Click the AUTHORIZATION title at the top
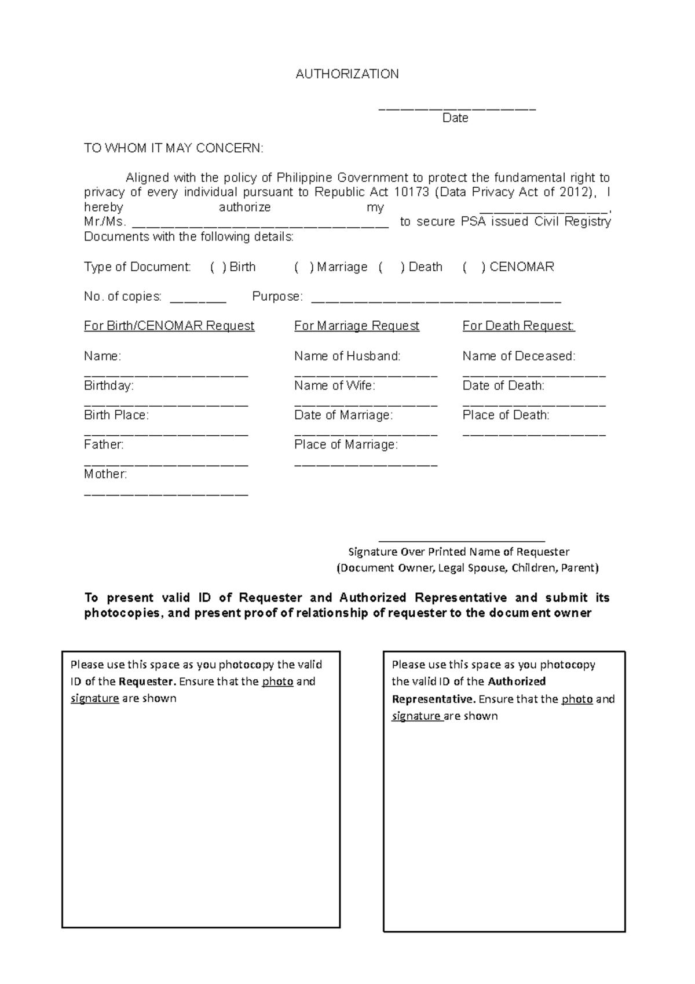pos(347,74)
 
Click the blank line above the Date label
pos(457,108)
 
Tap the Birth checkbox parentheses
pos(218,267)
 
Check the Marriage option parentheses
pos(303,267)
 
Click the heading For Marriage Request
pos(356,326)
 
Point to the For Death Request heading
pos(518,326)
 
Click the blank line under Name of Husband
pos(365,375)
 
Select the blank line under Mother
pos(166,494)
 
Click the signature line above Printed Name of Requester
pos(461,540)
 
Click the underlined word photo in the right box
pos(577,699)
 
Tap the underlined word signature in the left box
pos(94,698)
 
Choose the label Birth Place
pos(116,415)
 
